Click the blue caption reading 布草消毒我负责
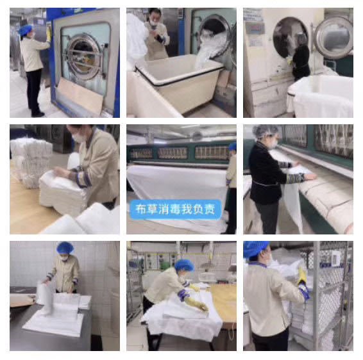(x=176, y=209)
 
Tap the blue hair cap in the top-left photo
(x=25, y=30)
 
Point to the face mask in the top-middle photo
(x=154, y=23)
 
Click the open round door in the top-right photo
(x=333, y=37)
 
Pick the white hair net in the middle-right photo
(x=266, y=131)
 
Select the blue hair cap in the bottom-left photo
(x=65, y=248)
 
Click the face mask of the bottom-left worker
(x=64, y=258)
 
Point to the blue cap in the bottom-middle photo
(x=184, y=265)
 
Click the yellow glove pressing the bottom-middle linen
(x=196, y=304)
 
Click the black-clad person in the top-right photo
(x=300, y=58)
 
